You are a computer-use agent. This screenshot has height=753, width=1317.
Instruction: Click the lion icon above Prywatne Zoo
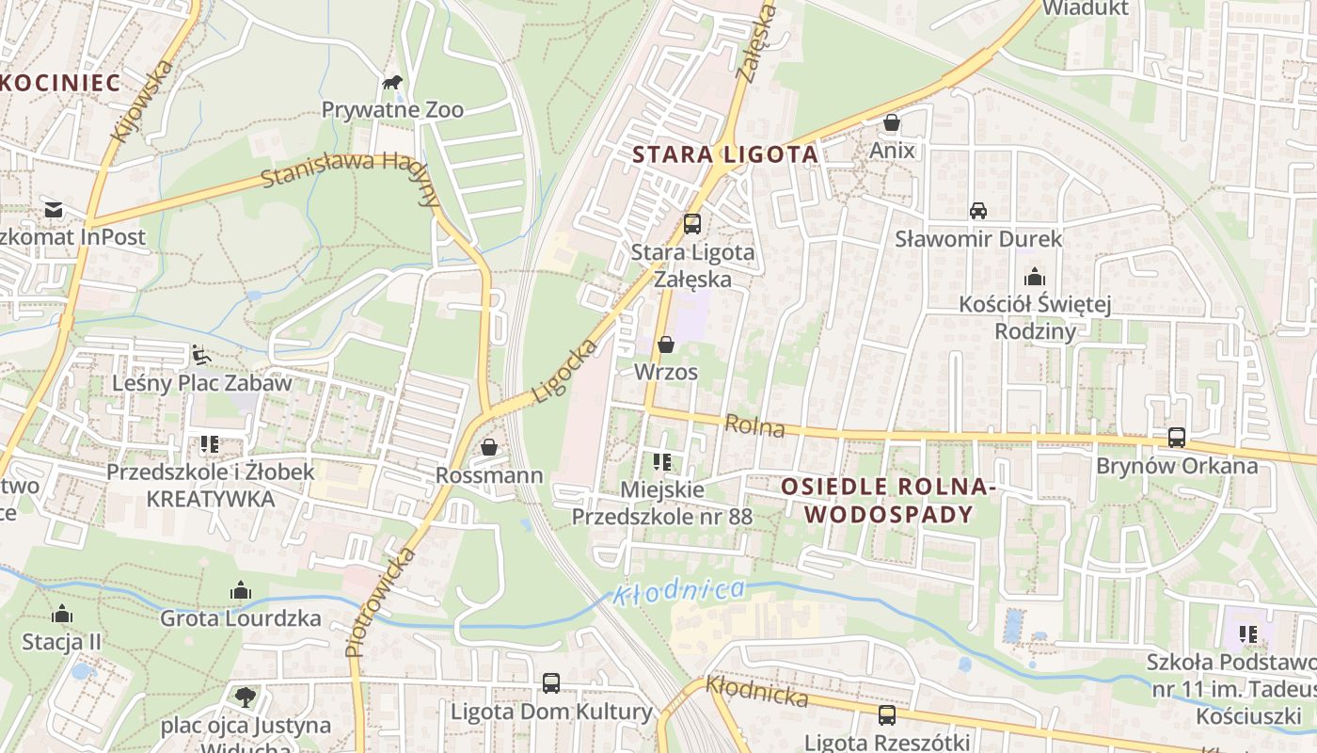coord(392,83)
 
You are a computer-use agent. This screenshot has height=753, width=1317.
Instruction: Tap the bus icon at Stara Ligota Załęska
coord(692,224)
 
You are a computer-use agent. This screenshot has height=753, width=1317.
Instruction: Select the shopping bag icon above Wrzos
coord(666,344)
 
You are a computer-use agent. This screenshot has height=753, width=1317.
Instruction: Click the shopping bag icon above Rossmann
coord(489,447)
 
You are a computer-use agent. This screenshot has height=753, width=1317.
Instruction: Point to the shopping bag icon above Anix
coord(892,122)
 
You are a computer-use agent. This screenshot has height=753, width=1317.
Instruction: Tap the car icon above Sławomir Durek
coord(978,210)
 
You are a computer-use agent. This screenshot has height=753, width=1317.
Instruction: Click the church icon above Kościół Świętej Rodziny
coord(1035,277)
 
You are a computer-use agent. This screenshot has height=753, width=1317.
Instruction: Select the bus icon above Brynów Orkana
coord(1177,438)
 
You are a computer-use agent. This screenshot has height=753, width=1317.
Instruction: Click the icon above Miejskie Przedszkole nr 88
coord(662,462)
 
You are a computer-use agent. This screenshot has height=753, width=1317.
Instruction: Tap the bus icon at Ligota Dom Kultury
coord(551,683)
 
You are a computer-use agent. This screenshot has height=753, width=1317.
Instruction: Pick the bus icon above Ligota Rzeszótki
coord(887,715)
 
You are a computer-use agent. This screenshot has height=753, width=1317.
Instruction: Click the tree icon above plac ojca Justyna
coord(246,697)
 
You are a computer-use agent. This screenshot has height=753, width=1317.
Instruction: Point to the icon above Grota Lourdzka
coord(241,591)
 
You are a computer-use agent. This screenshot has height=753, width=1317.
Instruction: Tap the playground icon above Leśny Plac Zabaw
coord(201,355)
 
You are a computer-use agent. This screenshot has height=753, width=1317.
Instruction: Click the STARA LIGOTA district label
coord(724,154)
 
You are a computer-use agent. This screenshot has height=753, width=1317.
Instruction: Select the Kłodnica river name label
coord(678,592)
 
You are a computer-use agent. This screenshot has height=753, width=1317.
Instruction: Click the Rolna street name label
coord(755,426)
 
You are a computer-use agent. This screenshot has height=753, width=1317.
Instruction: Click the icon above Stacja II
coord(62,615)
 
